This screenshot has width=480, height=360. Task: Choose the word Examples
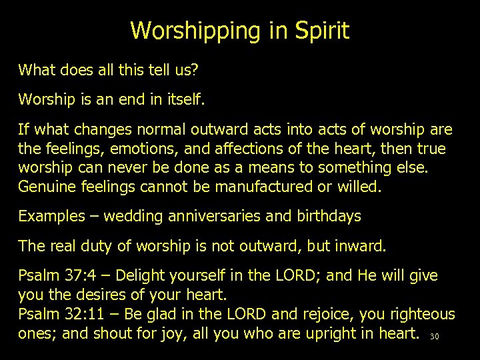52,217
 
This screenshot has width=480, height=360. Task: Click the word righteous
420,313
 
